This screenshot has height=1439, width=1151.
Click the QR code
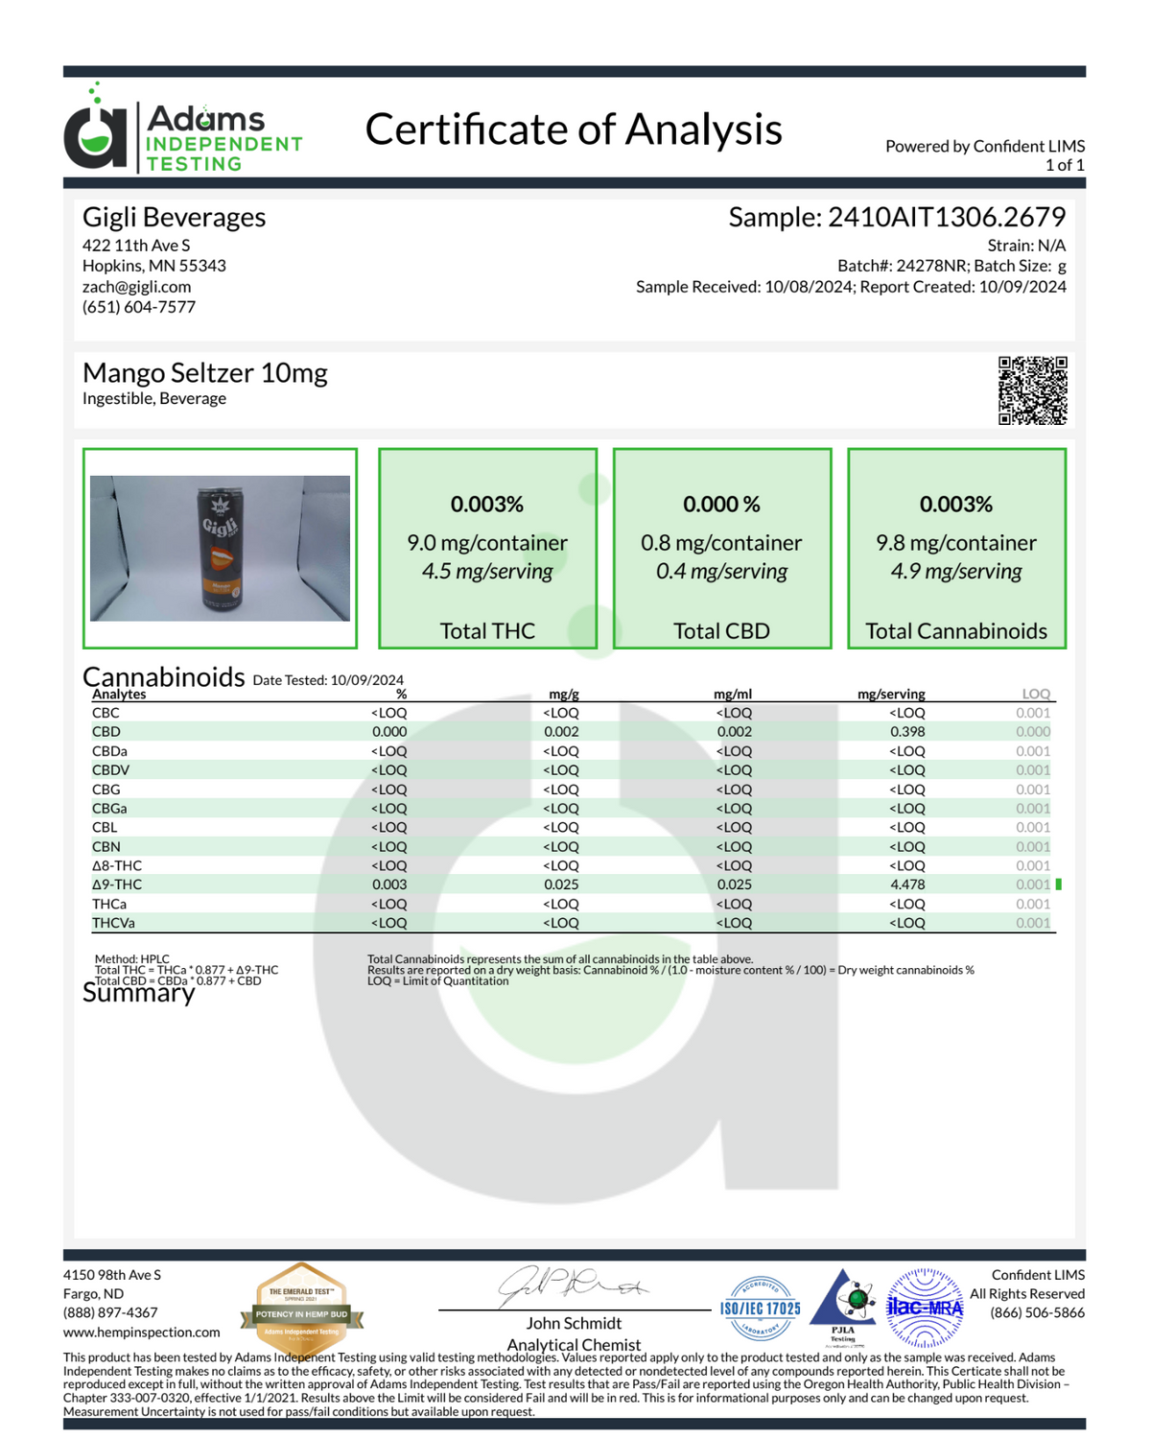point(1032,390)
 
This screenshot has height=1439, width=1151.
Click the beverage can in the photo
point(219,549)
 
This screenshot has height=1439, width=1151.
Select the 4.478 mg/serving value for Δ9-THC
point(906,885)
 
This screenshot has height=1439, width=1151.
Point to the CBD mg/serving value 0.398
point(906,732)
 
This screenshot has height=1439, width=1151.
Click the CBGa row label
point(109,809)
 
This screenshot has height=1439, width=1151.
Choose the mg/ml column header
point(733,694)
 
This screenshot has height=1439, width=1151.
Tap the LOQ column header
point(1035,694)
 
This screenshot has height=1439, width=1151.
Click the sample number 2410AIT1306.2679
point(946,218)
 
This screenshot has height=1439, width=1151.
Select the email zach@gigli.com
point(136,287)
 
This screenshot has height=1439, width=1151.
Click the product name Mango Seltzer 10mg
point(204,372)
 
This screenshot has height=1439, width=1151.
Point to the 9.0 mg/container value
point(487,543)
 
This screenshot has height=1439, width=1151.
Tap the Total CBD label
point(721,631)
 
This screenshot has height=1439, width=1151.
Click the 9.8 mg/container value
point(955,543)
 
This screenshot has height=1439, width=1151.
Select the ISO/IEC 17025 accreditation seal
point(760,1309)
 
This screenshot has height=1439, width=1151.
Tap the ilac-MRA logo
point(925,1307)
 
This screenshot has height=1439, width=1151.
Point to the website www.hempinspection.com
point(141,1333)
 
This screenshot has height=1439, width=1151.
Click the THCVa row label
point(113,923)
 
